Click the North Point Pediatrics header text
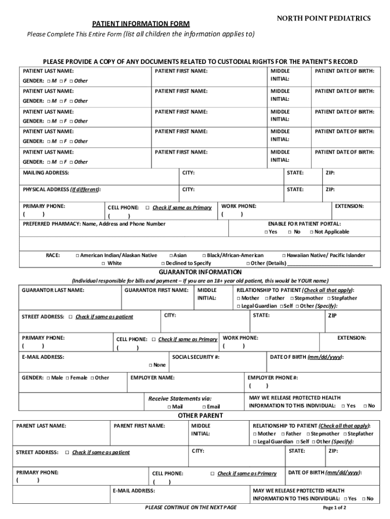coord(323,18)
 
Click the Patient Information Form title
coord(141,24)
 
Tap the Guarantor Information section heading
coord(200,272)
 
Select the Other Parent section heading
coord(200,416)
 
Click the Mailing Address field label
coord(46,173)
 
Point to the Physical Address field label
coord(61,190)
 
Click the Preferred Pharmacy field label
coord(94,224)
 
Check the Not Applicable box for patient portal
coord(310,232)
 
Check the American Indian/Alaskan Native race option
coord(77,255)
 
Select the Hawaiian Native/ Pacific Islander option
coord(284,255)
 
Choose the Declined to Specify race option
coord(163,264)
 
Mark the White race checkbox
coord(103,264)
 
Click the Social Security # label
coord(196,357)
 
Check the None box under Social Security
coord(150,365)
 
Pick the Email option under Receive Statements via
coord(204,406)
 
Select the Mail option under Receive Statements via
coord(169,406)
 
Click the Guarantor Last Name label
coord(53,290)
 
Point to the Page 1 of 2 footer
coord(334,507)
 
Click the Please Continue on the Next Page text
coord(190,507)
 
